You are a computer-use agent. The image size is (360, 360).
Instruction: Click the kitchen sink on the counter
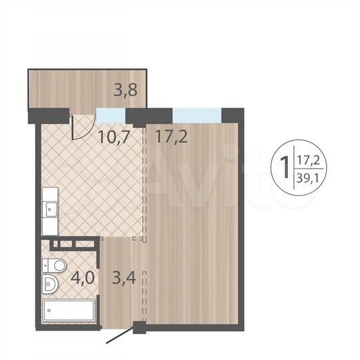point(50,208)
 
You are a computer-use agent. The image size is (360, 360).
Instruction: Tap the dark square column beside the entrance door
point(138,327)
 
